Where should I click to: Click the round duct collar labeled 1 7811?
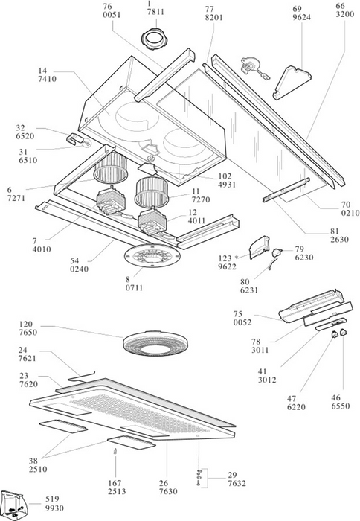click(155, 39)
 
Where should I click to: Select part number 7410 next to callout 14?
click(47, 79)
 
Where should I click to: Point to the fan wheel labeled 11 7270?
click(152, 193)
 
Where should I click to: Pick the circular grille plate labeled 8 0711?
click(152, 257)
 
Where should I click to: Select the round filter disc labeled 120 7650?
click(155, 343)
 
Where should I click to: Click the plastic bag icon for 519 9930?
click(13, 505)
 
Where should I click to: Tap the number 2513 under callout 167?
click(117, 491)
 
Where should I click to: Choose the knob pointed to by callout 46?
click(343, 332)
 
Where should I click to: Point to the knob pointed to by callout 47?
click(334, 334)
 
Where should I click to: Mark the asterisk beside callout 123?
click(237, 258)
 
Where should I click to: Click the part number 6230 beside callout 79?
click(304, 258)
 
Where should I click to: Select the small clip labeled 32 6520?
click(74, 138)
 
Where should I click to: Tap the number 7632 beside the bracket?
click(237, 484)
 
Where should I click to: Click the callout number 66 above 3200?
click(341, 6)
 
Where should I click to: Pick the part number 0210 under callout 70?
click(350, 213)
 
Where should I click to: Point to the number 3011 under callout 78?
click(260, 350)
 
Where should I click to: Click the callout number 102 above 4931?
click(225, 176)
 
